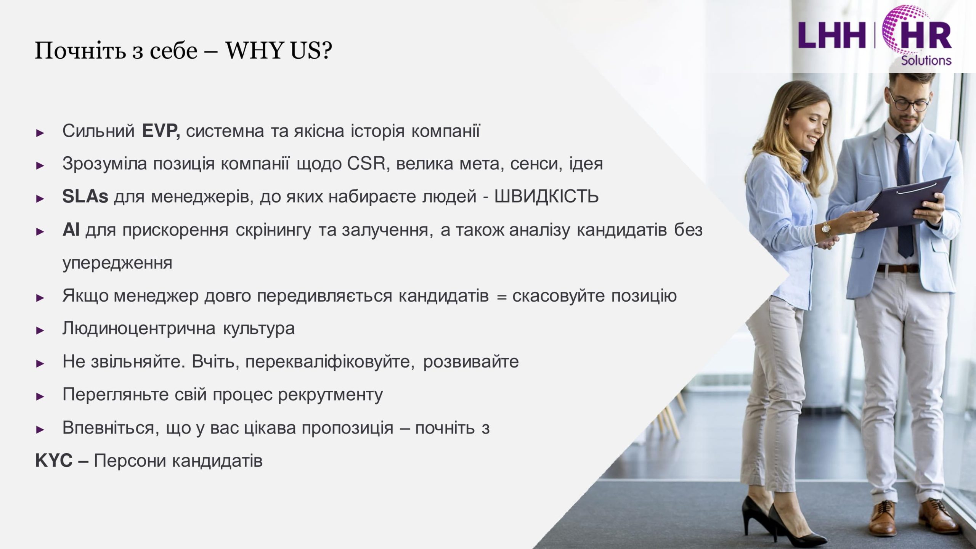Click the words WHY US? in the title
pyautogui.click(x=279, y=50)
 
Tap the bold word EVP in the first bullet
pyautogui.click(x=159, y=131)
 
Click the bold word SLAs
pyautogui.click(x=85, y=197)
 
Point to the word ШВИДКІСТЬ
pyautogui.click(x=546, y=197)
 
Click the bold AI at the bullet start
pyautogui.click(x=71, y=230)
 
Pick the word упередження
pyautogui.click(x=117, y=263)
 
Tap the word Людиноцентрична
pyautogui.click(x=139, y=329)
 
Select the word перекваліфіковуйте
pyautogui.click(x=330, y=362)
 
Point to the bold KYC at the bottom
pyautogui.click(x=54, y=461)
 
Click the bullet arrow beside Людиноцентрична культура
pyautogui.click(x=40, y=331)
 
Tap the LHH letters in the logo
pyautogui.click(x=832, y=35)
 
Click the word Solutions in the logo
pyautogui.click(x=926, y=60)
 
